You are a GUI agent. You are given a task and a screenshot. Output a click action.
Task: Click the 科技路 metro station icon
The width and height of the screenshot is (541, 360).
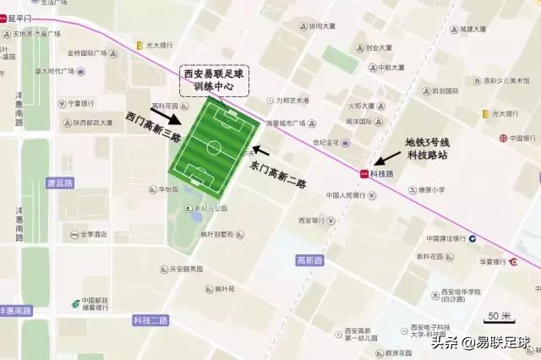pyautogui.click(x=364, y=173)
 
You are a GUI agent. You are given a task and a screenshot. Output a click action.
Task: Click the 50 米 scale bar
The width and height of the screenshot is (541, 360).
pyautogui.click(x=499, y=317)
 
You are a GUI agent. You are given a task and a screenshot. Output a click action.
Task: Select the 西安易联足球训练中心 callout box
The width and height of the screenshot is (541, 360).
pyautogui.click(x=216, y=80)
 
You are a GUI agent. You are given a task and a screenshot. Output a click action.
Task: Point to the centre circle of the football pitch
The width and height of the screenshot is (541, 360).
pyautogui.click(x=215, y=148)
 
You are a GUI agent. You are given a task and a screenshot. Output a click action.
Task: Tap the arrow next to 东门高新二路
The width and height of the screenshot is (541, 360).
pyautogui.click(x=260, y=151)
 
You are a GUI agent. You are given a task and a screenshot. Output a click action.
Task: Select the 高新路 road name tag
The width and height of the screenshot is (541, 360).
pyautogui.click(x=309, y=259)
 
